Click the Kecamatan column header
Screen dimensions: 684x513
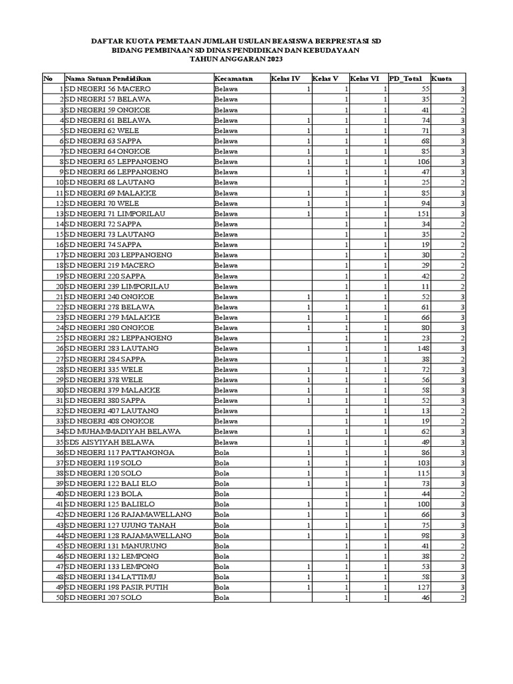tap(233, 79)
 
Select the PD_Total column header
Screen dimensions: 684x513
tap(405, 79)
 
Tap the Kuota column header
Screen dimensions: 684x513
tap(442, 79)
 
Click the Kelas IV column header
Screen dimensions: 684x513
tap(285, 79)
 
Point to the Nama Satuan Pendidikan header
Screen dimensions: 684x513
tap(107, 79)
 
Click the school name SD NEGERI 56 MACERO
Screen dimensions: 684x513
tap(108, 89)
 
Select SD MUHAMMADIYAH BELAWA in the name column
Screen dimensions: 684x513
tap(122, 432)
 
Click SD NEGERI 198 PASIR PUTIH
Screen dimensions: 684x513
tap(116, 587)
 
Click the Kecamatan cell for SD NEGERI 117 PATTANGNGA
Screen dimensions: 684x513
tap(222, 452)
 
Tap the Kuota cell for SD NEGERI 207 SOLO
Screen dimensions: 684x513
tap(462, 598)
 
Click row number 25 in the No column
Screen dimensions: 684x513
tap(59, 338)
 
